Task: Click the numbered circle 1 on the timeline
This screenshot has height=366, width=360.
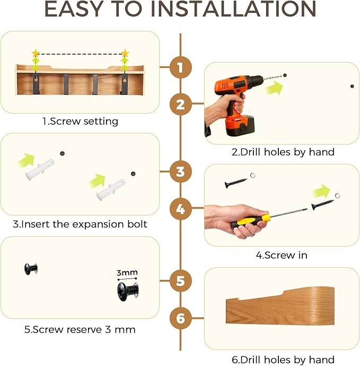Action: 181,67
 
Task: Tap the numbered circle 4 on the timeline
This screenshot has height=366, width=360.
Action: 181,208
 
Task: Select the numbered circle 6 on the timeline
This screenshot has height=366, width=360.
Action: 181,318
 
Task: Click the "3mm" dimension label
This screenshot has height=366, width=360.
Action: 127,273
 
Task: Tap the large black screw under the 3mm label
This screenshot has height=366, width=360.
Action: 128,292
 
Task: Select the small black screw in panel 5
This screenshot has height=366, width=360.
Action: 31,269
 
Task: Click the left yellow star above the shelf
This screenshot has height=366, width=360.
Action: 36,54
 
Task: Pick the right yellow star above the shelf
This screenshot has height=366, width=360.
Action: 125,54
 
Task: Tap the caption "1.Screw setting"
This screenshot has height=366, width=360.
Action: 80,121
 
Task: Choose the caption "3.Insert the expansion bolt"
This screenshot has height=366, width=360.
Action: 80,224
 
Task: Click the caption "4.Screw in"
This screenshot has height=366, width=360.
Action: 282,255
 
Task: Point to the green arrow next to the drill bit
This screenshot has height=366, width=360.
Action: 275,88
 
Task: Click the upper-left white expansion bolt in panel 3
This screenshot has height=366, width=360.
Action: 40,169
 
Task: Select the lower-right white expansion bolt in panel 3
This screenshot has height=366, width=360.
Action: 111,189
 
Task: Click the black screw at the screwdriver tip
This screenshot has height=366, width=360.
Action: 323,204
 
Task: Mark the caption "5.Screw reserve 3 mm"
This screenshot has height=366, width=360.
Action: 80,329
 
